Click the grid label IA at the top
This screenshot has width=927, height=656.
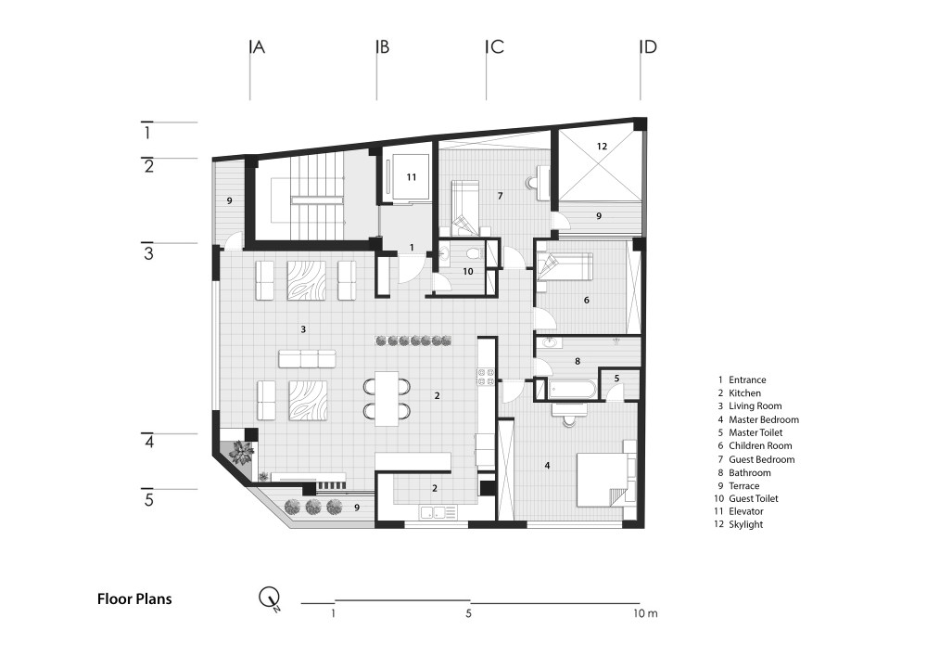tap(256, 47)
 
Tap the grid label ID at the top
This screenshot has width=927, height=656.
tap(648, 47)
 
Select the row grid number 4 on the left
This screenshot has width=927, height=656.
tap(148, 443)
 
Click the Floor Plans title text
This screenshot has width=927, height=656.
tap(134, 598)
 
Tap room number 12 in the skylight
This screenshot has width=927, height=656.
tap(602, 146)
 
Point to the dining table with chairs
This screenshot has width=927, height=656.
tap(387, 397)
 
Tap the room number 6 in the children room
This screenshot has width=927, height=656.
tap(586, 300)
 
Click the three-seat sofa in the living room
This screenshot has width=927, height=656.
tap(307, 359)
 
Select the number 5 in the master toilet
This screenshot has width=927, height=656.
tap(616, 378)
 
